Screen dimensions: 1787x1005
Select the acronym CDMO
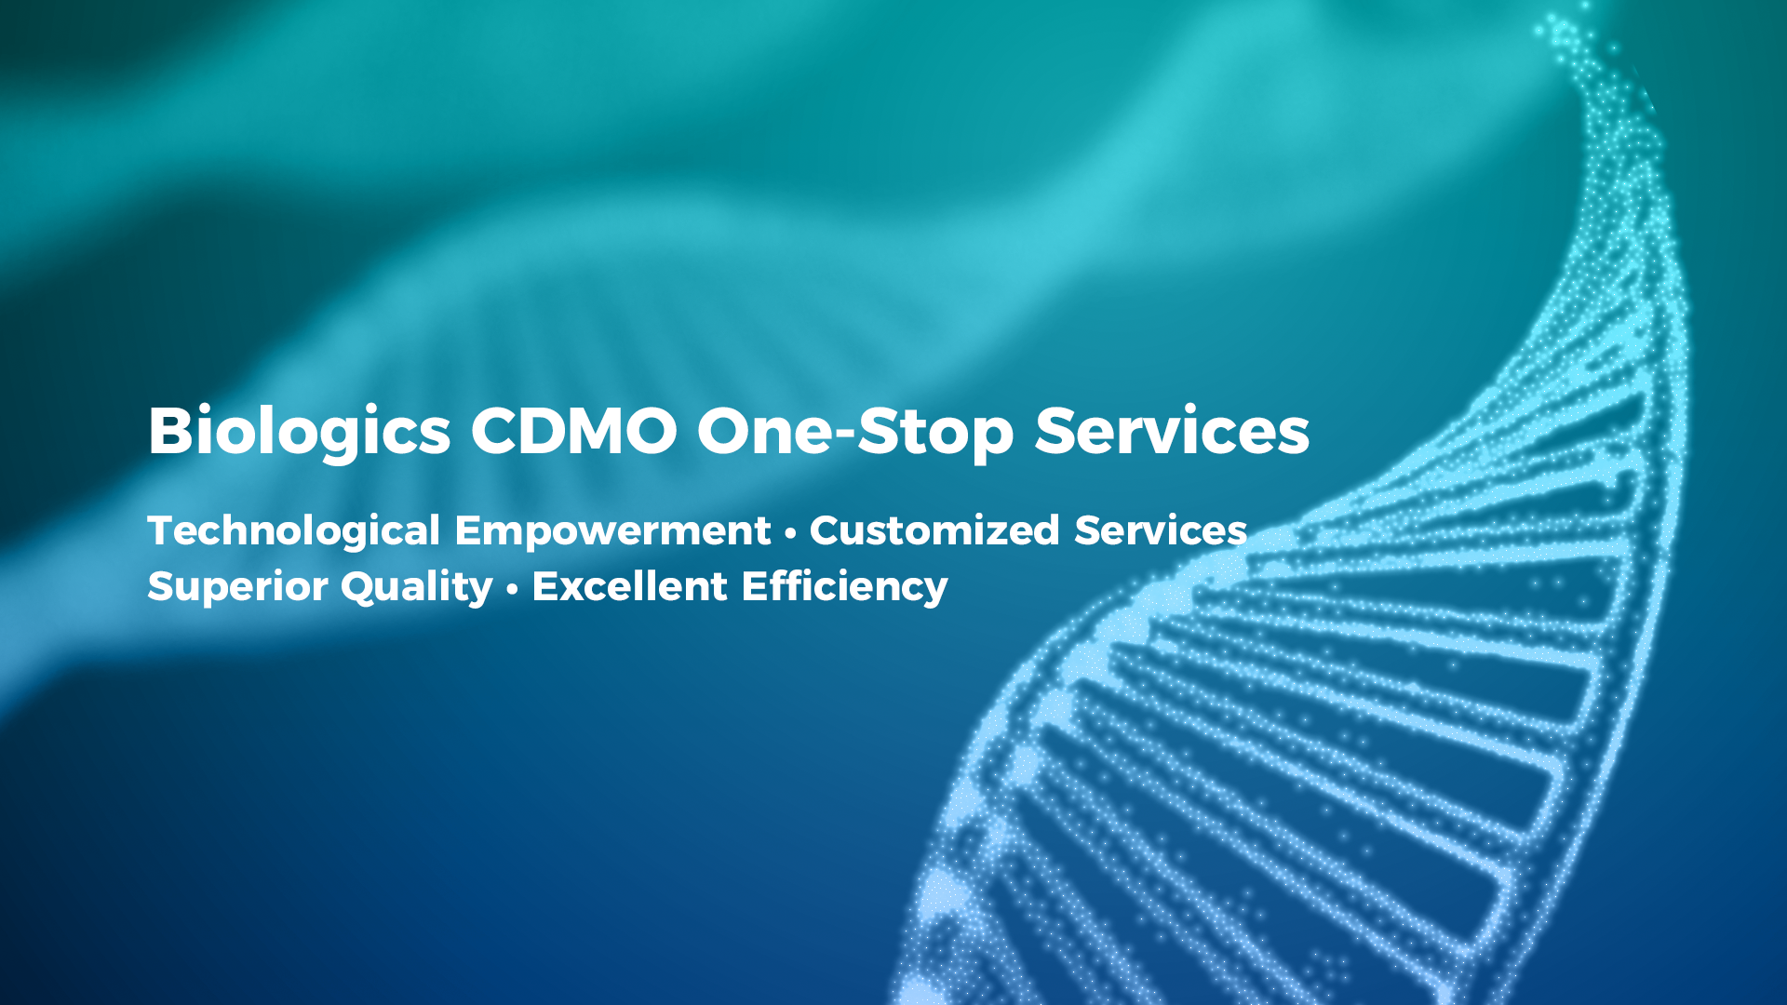[x=573, y=431]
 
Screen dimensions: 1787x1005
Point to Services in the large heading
[x=1172, y=431]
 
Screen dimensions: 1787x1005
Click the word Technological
[x=293, y=531]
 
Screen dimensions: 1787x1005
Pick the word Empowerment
[x=612, y=531]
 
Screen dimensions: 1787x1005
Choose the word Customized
[x=934, y=530]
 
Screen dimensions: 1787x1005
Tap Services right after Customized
[x=1161, y=530]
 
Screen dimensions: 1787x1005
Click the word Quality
[x=416, y=587]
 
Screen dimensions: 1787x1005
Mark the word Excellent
[x=629, y=586]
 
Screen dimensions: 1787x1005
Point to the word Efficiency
[x=845, y=587]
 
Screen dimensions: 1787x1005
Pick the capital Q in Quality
[x=360, y=587]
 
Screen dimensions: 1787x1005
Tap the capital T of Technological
[x=164, y=530]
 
